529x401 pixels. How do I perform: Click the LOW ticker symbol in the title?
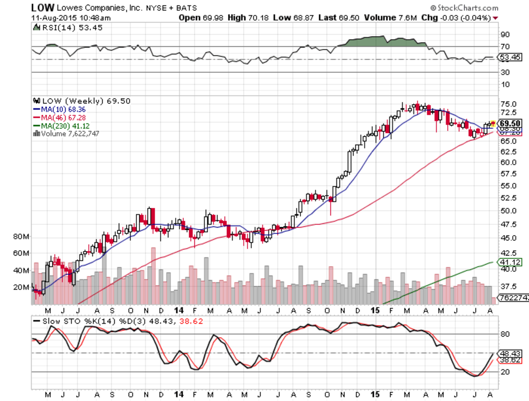(43, 7)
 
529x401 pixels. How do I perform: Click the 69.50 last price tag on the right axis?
(510, 123)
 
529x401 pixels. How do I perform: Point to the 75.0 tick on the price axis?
(508, 104)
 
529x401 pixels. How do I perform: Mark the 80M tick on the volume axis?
(22, 237)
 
